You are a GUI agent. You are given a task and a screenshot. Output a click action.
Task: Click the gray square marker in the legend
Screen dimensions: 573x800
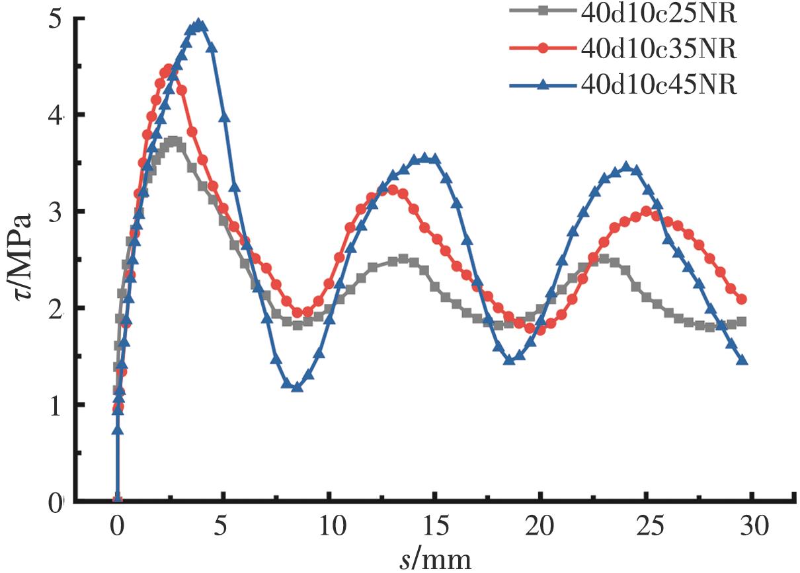click(542, 11)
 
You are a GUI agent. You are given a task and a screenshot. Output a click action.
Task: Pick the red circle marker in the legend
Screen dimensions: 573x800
click(542, 48)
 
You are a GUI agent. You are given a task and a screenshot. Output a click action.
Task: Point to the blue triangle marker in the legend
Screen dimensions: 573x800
click(542, 85)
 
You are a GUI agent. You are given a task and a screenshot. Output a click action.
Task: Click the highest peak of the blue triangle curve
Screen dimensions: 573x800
click(199, 25)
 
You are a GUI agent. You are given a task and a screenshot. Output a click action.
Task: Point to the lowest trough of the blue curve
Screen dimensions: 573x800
click(297, 387)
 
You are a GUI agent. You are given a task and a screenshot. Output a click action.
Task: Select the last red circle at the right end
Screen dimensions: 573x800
click(741, 299)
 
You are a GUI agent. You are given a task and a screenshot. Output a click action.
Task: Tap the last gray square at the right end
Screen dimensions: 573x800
click(741, 322)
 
